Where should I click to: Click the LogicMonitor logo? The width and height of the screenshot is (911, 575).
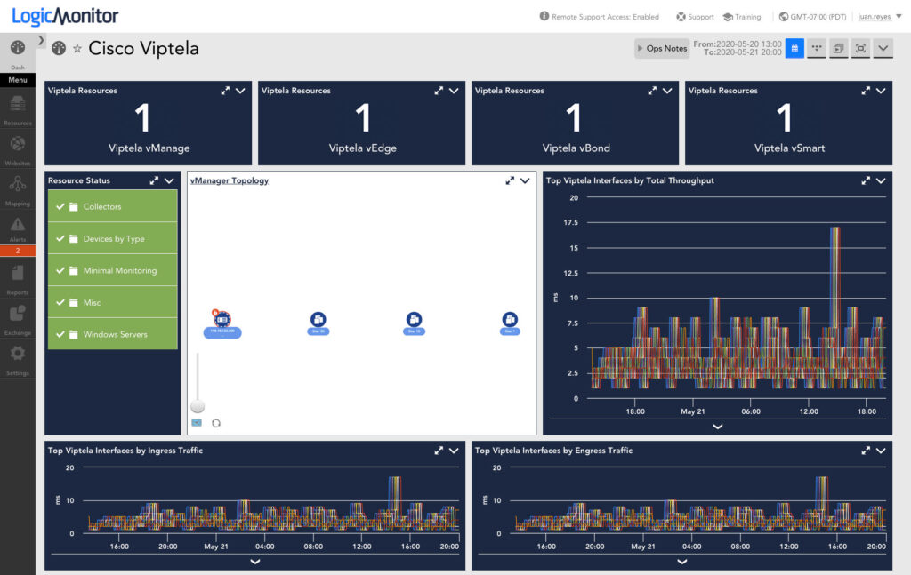pyautogui.click(x=65, y=16)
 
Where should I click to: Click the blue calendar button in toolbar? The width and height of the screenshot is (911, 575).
pyautogui.click(x=794, y=48)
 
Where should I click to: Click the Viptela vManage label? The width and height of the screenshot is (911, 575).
pyautogui.click(x=149, y=148)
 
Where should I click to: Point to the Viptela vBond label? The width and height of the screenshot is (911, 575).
pyautogui.click(x=576, y=148)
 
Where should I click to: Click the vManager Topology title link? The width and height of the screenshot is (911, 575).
pyautogui.click(x=229, y=180)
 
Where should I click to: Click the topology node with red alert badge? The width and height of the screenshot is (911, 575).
pyautogui.click(x=222, y=319)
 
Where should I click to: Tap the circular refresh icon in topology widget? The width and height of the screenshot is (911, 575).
pyautogui.click(x=215, y=423)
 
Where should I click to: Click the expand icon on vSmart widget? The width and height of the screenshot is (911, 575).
pyautogui.click(x=866, y=91)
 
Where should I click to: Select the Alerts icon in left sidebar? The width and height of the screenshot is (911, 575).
pyautogui.click(x=17, y=228)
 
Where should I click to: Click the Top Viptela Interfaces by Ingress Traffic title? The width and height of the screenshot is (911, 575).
pyautogui.click(x=125, y=451)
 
